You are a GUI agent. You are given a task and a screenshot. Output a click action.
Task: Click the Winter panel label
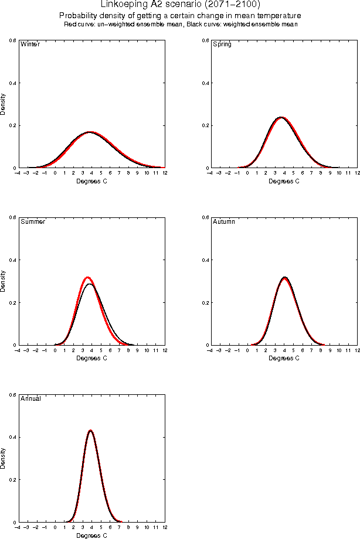pos(30,45)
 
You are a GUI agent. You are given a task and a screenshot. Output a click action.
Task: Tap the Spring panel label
pos(222,45)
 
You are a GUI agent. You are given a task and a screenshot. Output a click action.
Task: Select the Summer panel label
pos(32,222)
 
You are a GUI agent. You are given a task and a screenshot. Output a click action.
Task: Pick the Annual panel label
pos(30,399)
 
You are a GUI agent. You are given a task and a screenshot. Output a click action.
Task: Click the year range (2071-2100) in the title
pos(231,4)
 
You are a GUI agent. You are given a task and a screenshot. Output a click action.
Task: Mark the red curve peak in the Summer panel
pos(87,277)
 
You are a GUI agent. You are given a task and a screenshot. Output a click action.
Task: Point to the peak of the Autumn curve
pos(284,277)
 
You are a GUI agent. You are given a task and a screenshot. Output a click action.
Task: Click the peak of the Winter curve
pos(90,132)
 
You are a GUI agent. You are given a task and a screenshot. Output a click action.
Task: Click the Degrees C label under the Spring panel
pos(284,181)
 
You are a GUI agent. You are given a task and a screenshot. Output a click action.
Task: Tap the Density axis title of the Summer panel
pos(4,281)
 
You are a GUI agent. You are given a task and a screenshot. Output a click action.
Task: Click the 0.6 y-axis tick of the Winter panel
pos(12,40)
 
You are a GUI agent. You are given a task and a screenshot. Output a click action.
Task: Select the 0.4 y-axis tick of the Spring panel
pos(204,83)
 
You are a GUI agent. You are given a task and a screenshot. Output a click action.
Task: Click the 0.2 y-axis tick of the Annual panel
pos(12,480)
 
